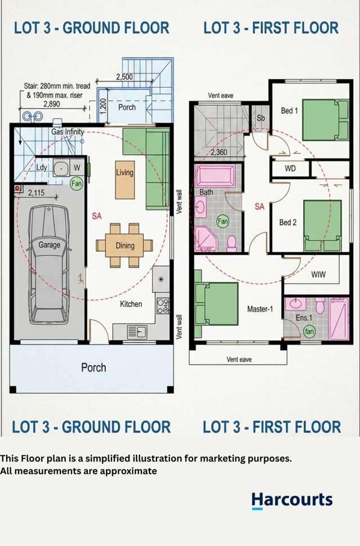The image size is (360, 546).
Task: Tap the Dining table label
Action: [125, 245]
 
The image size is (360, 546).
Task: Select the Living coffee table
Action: [125, 180]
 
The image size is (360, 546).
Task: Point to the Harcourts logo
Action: [292, 501]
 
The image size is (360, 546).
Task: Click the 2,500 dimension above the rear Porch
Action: [125, 77]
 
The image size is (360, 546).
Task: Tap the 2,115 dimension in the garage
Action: [36, 193]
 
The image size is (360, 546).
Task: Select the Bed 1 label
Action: [289, 111]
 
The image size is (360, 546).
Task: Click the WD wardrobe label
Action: [290, 168]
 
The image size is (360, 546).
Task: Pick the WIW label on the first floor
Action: [318, 274]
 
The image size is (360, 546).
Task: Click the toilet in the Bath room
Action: [232, 243]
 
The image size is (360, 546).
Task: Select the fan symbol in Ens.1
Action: [309, 331]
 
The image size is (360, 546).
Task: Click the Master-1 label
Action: [260, 309]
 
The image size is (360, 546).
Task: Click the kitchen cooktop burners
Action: [163, 306]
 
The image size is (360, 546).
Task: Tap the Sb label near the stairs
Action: [261, 118]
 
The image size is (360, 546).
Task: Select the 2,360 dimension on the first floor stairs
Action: [219, 152]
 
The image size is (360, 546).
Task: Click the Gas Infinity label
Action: [68, 132]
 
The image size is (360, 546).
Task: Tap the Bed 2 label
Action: [288, 222]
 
